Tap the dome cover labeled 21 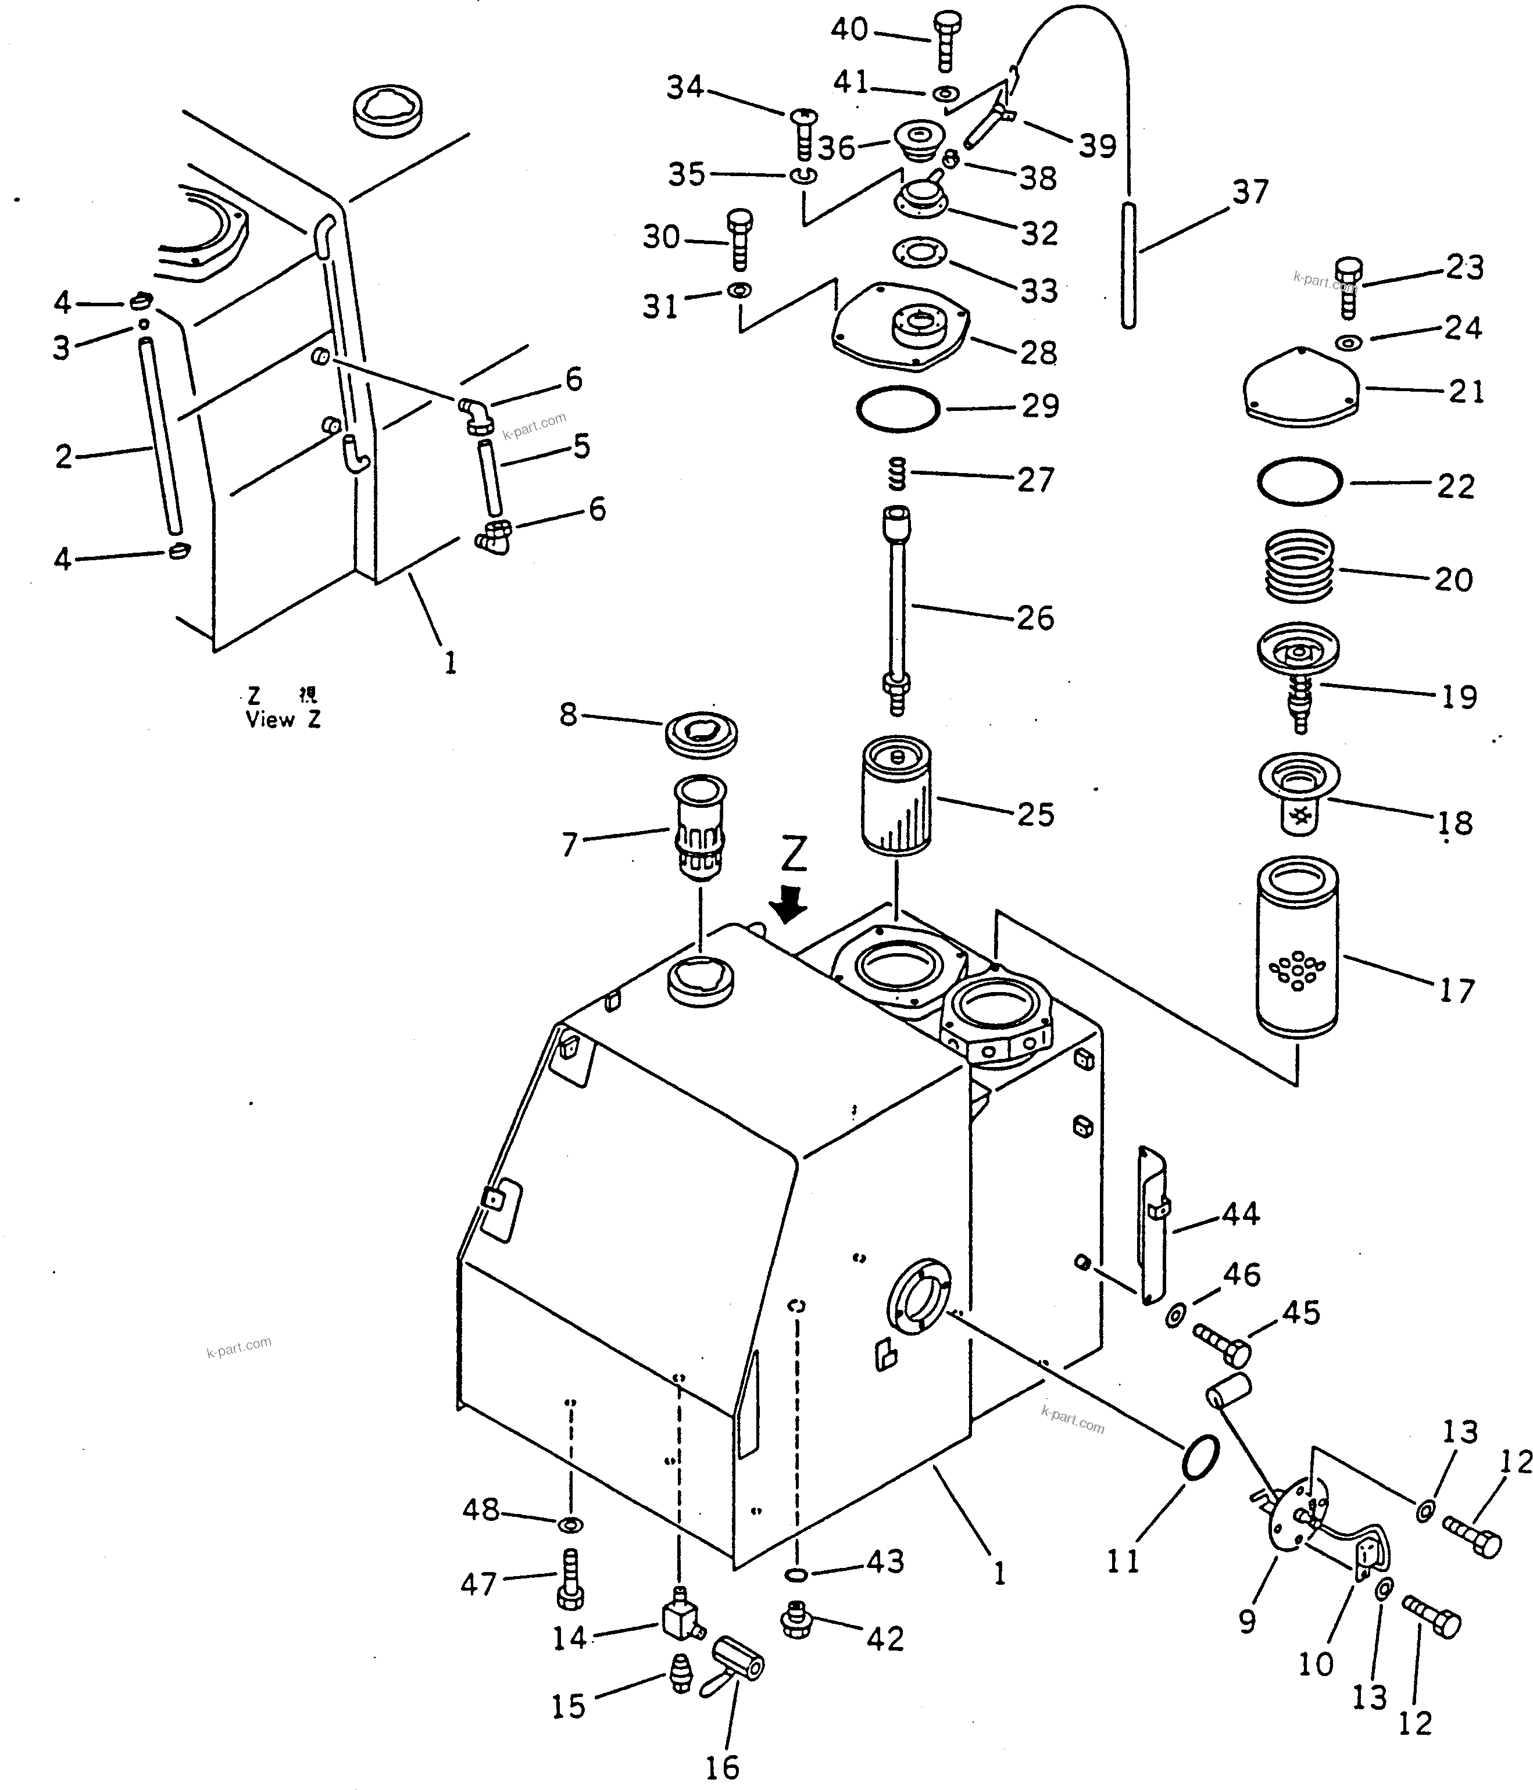click(x=1302, y=385)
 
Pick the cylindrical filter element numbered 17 click(x=1296, y=946)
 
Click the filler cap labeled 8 click(x=701, y=735)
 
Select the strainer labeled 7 click(x=699, y=826)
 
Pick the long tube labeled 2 click(x=162, y=436)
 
